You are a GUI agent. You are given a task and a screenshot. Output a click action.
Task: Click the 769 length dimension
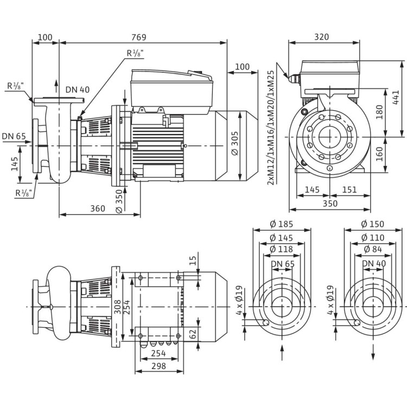tap(143, 37)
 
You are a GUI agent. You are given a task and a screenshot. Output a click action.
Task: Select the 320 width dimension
tap(322, 37)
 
